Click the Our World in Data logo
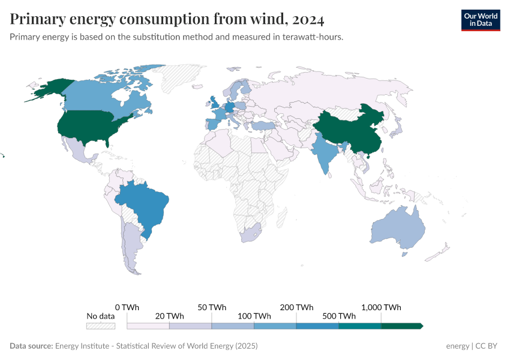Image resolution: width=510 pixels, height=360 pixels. click(x=480, y=20)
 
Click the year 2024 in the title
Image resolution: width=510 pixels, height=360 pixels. click(x=309, y=20)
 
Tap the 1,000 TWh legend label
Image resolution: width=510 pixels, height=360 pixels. click(x=381, y=307)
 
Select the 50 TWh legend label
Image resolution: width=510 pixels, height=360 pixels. click(x=212, y=307)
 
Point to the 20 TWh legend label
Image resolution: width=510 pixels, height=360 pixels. click(x=169, y=316)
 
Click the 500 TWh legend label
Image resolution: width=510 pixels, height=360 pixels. click(x=339, y=316)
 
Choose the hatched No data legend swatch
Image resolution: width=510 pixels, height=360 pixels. click(x=100, y=326)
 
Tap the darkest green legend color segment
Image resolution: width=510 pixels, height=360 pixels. click(x=401, y=326)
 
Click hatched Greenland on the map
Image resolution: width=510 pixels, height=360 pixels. click(x=180, y=78)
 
